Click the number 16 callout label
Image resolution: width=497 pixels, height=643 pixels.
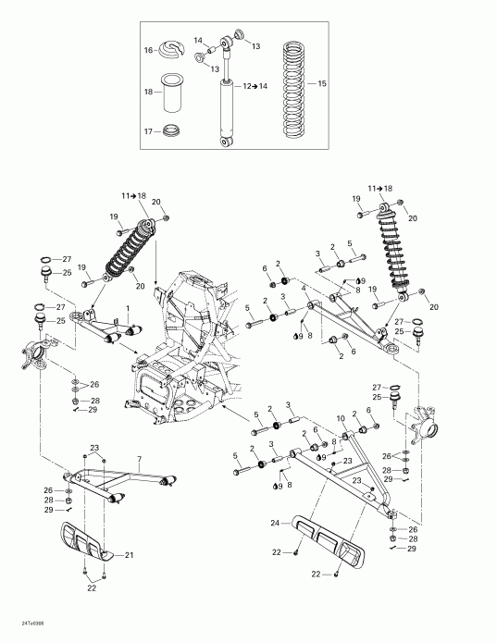point(148,51)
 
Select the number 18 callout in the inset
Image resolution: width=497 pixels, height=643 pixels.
point(148,93)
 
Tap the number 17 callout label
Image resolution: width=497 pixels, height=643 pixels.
point(148,131)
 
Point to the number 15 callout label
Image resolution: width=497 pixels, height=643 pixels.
point(322,83)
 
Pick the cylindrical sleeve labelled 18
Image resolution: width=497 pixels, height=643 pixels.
point(172,93)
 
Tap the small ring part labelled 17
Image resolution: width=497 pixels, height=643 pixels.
point(171,131)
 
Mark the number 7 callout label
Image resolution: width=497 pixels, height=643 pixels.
point(139,460)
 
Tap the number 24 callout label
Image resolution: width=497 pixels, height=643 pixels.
point(274,524)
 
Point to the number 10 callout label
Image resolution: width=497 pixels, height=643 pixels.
point(341,419)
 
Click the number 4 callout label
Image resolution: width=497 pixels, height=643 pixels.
point(303,289)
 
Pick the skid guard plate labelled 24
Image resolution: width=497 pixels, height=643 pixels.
point(329,536)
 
